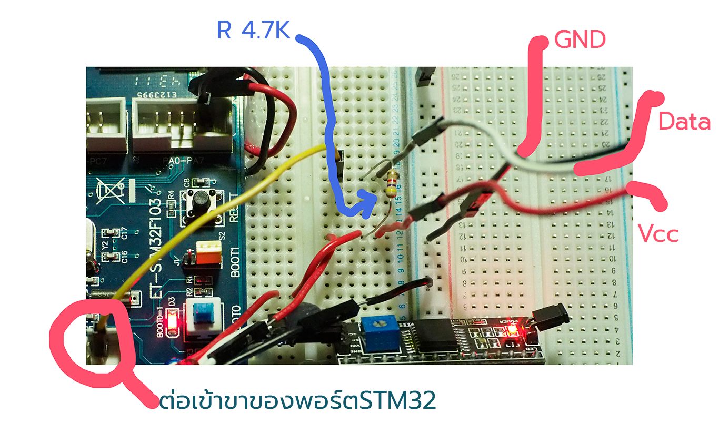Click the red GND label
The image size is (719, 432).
(580, 40)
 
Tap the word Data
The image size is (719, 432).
(684, 122)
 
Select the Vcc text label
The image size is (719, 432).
(658, 233)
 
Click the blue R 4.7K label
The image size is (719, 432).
(253, 31)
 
